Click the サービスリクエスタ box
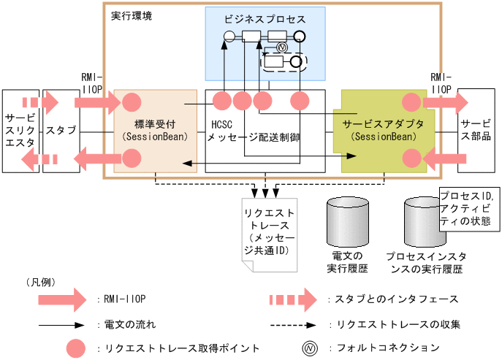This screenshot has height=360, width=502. coord(19,131)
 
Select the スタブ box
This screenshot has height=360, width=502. coord(61,131)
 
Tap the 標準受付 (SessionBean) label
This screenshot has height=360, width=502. coord(156,130)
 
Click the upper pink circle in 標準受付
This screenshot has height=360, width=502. coord(132,102)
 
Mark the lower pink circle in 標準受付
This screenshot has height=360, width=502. coord(132,156)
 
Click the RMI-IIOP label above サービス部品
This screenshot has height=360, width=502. coord(441,82)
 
